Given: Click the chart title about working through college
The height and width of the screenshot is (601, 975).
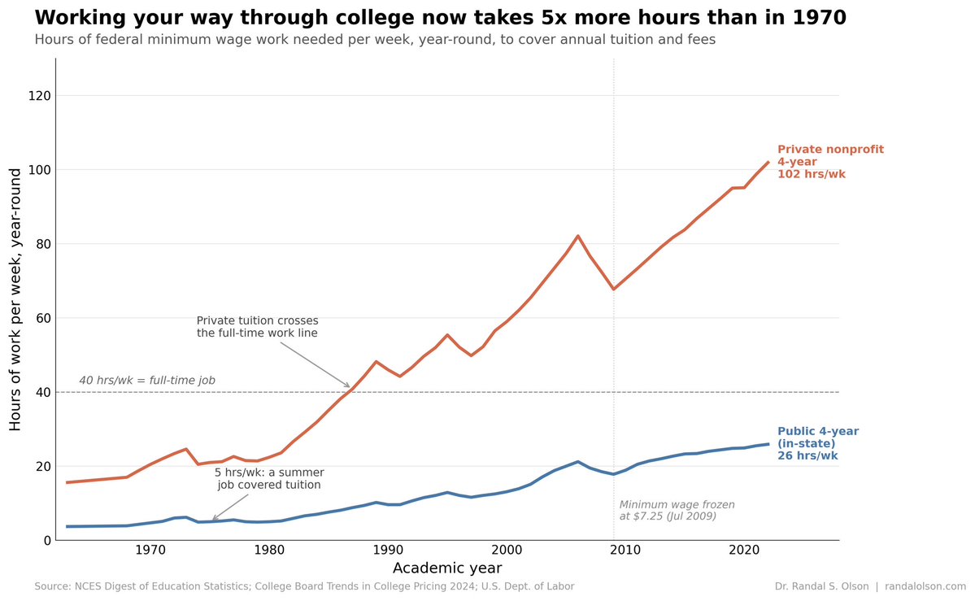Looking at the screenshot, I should coord(429,18).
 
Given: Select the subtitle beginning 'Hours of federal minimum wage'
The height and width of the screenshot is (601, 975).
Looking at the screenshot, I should coord(375,40).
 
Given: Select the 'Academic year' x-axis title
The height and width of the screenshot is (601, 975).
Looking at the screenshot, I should coord(446,568).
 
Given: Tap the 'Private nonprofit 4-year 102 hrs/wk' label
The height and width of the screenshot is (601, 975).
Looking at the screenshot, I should coord(829,162).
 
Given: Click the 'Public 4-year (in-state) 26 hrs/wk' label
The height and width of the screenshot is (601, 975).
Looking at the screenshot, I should coord(817,443).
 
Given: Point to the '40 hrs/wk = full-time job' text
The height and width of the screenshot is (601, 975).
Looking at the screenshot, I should coord(147,381).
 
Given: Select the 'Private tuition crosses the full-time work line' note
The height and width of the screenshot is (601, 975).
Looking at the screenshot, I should coord(258,327).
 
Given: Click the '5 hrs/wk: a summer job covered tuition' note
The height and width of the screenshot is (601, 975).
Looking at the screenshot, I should coord(269,478).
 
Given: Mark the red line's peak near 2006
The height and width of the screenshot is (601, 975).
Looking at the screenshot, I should coord(577,236).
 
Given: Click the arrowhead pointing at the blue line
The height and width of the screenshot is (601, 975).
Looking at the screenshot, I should coord(213,520).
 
